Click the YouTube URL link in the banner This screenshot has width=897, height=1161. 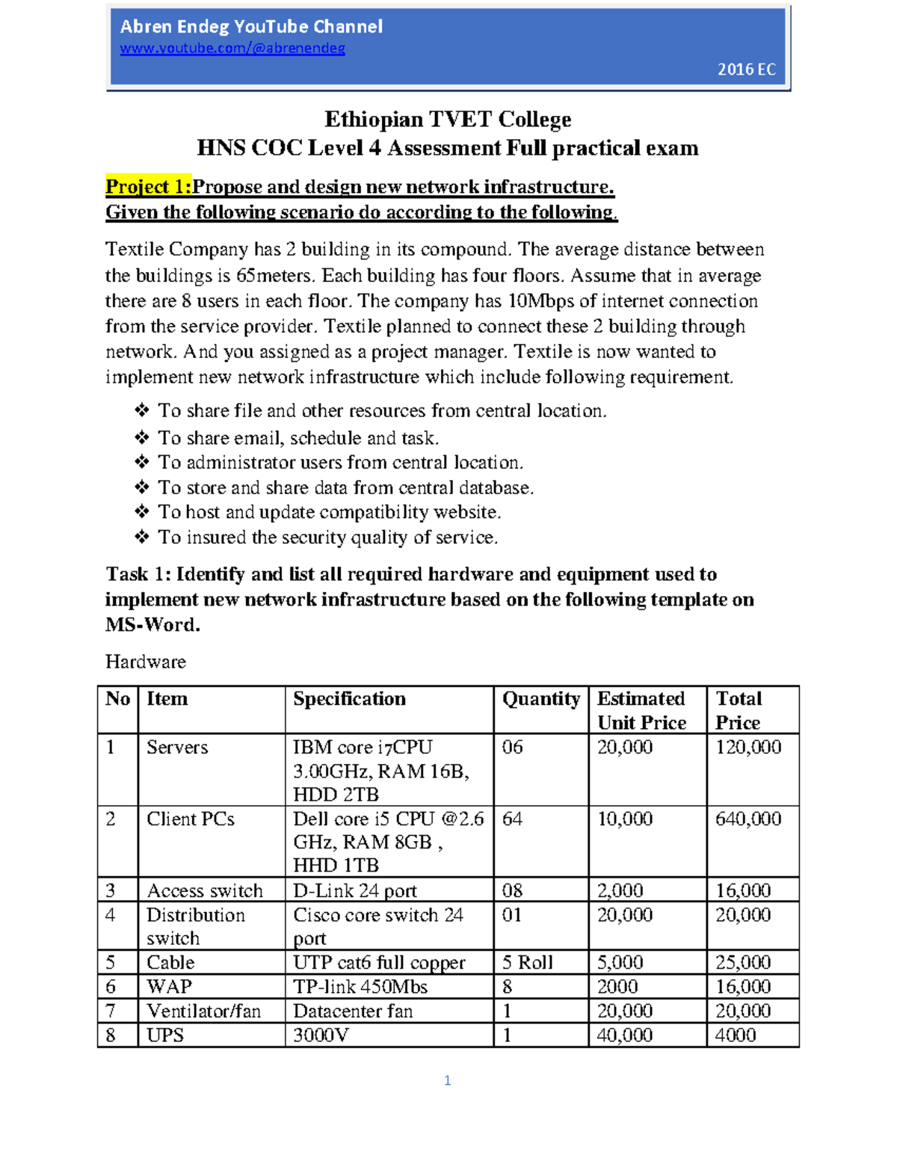pos(232,49)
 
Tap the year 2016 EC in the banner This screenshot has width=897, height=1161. pos(746,70)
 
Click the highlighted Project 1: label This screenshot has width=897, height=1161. pos(148,186)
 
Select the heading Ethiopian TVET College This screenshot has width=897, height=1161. pos(447,120)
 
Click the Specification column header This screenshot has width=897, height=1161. pos(349,699)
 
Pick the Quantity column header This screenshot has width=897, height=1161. pos(540,699)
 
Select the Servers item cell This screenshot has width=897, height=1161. pos(177,747)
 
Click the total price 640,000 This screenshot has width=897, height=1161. pos(748,819)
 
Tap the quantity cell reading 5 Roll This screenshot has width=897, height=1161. pos(527,962)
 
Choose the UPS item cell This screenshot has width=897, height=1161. pos(165,1035)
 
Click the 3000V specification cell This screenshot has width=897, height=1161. pos(321,1035)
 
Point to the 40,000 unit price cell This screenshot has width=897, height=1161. pos(624,1035)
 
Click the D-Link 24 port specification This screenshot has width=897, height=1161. pos(354,890)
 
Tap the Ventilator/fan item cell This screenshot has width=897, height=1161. pos(203,1011)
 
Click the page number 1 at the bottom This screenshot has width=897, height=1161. pos(447,1080)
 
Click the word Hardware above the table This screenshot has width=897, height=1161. pos(146,662)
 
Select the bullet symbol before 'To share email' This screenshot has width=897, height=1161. pos(141,437)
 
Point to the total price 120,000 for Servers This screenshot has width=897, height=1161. pos(748,747)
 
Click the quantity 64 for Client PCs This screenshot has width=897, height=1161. pos(512,819)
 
